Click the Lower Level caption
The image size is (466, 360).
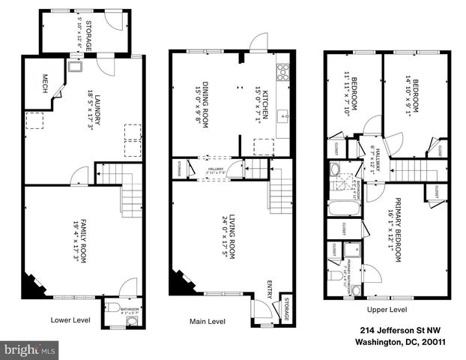[x=71, y=318]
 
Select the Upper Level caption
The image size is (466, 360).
[x=387, y=309]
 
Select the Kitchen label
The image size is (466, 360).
[x=263, y=106]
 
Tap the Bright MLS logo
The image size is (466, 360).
[x=30, y=349]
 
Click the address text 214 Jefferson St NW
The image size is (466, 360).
[x=393, y=330]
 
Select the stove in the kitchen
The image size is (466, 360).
[x=283, y=73]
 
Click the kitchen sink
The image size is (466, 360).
[x=283, y=117]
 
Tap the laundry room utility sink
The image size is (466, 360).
[x=76, y=67]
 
